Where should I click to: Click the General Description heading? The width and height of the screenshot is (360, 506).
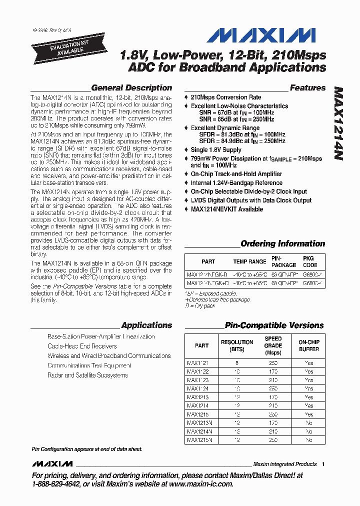tap(131, 87)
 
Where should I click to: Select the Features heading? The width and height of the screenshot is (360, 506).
tap(307, 87)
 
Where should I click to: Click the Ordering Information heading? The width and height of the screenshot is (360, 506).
tap(282, 243)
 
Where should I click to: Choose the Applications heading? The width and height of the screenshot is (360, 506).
tap(146, 325)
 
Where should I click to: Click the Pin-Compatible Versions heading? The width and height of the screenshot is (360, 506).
tap(274, 325)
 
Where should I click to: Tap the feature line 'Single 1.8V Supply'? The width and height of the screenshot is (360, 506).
tap(216, 149)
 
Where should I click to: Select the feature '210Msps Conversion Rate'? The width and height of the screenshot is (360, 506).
tap(226, 97)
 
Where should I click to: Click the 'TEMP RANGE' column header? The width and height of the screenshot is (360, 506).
tap(249, 261)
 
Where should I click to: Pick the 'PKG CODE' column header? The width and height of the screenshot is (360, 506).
tap(310, 261)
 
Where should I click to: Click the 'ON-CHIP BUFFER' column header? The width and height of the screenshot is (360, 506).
tap(309, 345)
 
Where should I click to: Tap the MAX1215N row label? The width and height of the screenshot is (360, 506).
tap(199, 440)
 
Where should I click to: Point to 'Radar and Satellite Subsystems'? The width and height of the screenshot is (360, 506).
tap(87, 375)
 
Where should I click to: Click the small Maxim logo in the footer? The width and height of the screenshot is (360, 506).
tap(52, 464)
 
